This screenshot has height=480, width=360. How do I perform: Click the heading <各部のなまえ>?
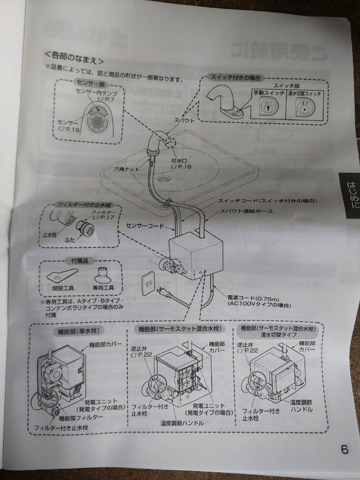(74, 57)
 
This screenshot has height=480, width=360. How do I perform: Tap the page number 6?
(344, 449)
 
